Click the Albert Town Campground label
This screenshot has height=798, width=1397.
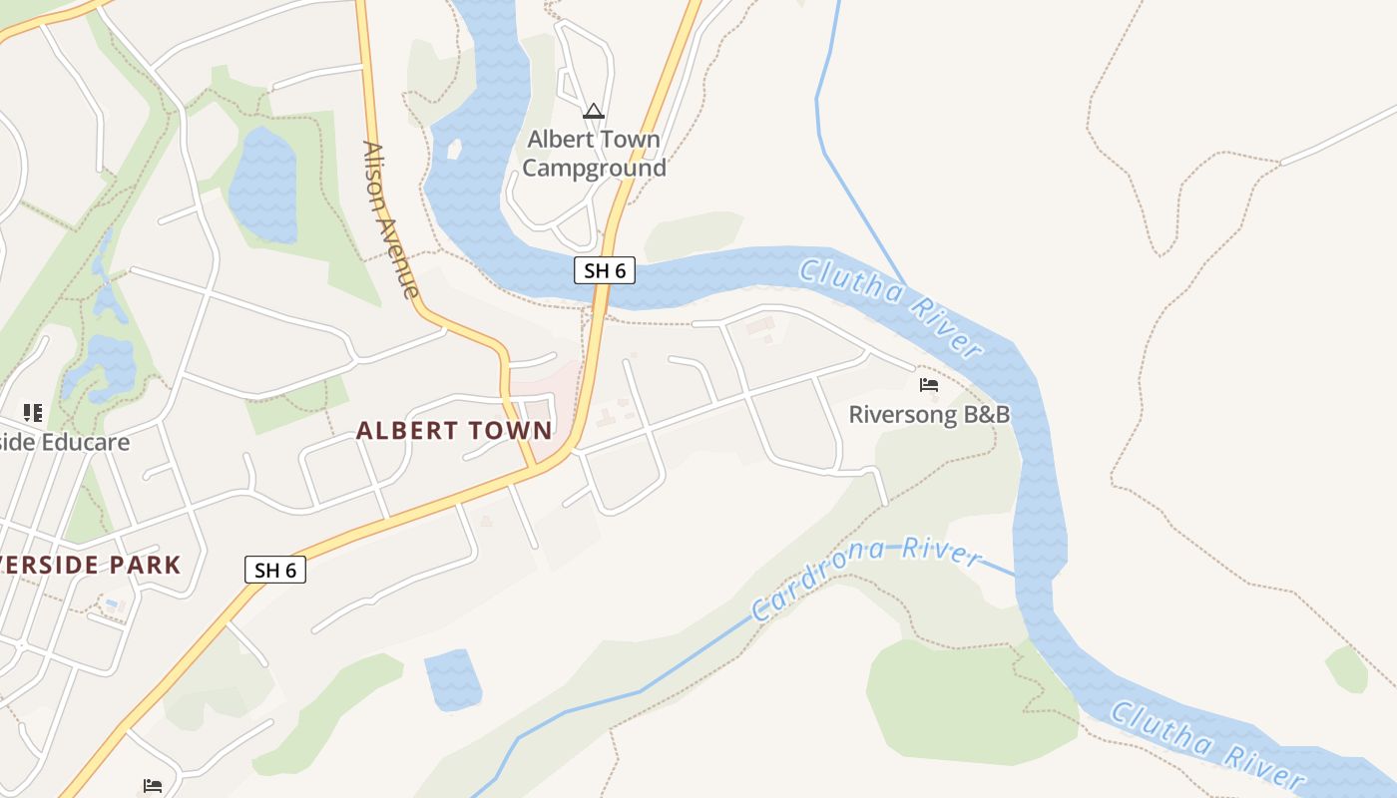594,154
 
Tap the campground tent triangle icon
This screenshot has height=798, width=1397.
594,111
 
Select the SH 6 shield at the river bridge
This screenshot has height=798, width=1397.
605,270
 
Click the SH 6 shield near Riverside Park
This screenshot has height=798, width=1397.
275,570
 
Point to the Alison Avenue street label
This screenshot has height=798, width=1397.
390,219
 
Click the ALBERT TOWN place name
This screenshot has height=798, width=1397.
454,431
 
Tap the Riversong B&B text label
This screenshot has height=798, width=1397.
929,414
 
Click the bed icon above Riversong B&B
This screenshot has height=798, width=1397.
929,384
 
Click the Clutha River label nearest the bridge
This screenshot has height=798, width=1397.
892,305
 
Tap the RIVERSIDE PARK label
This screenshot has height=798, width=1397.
90,566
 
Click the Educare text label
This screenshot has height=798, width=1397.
65,441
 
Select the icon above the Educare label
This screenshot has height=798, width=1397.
33,412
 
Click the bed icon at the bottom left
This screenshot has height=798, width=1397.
153,786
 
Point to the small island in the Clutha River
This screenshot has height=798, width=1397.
454,150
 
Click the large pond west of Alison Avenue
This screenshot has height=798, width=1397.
263,185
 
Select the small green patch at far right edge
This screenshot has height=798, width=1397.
1347,668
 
